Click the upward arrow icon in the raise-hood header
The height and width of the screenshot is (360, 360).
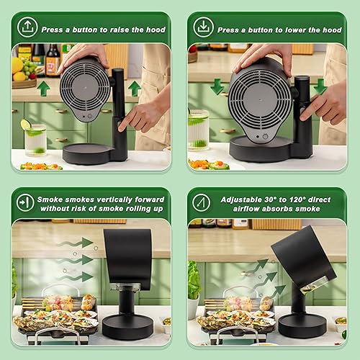click(27, 27)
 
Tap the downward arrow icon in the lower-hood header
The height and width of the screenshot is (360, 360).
click(204, 27)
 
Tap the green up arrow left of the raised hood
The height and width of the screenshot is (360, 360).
click(43, 89)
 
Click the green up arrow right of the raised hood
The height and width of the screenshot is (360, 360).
click(134, 89)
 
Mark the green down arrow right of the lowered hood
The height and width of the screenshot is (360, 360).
click(319, 86)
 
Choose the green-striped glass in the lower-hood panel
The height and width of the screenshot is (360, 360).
click(199, 130)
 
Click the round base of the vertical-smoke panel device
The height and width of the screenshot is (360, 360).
click(127, 326)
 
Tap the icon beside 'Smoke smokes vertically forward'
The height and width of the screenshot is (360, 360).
click(26, 202)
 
